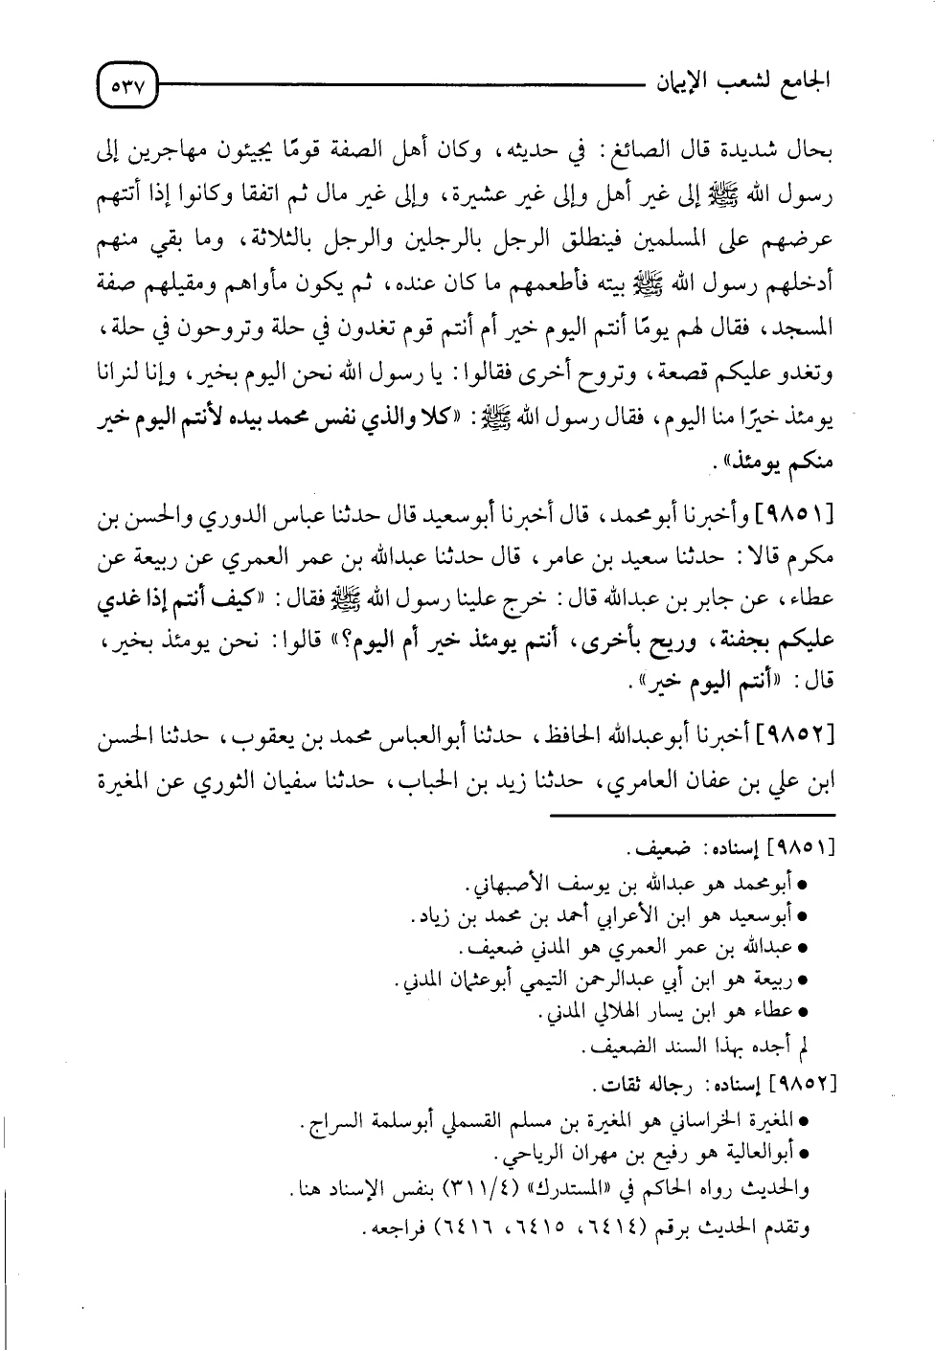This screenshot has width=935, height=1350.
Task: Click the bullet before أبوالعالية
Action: pyautogui.click(x=803, y=1156)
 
